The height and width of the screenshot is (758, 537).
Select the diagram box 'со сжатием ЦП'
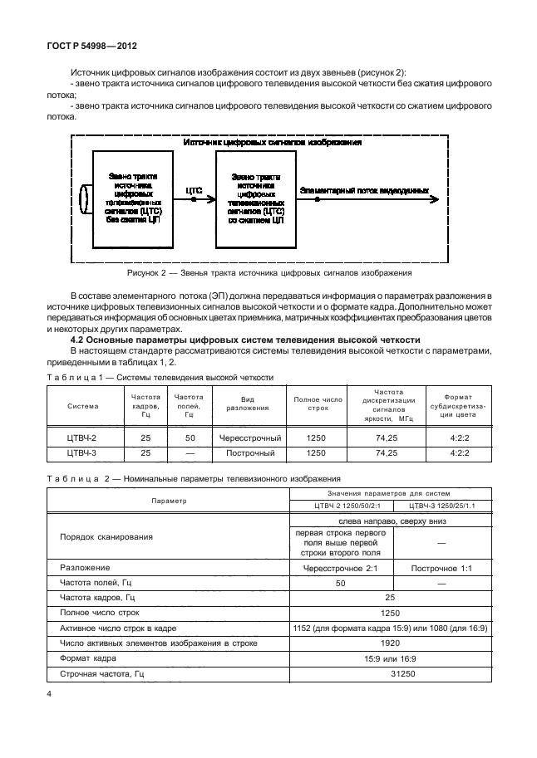pos(255,199)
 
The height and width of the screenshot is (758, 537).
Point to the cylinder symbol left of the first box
pos(83,199)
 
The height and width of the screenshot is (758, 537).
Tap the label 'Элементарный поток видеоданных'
pos(364,190)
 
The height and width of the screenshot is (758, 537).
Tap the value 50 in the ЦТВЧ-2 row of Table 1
pos(190,438)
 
